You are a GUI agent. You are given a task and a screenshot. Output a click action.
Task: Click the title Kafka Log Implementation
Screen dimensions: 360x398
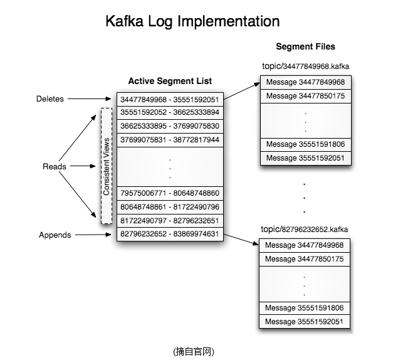pyautogui.click(x=192, y=21)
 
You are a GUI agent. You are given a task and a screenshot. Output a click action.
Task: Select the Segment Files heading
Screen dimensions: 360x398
pyautogui.click(x=305, y=46)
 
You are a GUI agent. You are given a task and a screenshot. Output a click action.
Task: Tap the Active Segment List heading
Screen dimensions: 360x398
pyautogui.click(x=170, y=81)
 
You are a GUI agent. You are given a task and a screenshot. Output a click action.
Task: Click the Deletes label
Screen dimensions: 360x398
pyautogui.click(x=50, y=99)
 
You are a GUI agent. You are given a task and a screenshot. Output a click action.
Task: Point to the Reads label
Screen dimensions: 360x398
pyautogui.click(x=54, y=167)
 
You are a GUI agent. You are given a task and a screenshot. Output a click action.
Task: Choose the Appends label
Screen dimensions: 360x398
pyautogui.click(x=55, y=235)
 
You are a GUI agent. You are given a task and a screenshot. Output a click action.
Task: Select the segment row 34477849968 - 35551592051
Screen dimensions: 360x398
pyautogui.click(x=170, y=100)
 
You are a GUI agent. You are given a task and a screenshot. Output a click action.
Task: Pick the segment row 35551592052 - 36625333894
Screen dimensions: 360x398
pyautogui.click(x=170, y=113)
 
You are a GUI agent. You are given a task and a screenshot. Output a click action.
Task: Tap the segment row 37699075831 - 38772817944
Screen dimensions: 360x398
pyautogui.click(x=170, y=139)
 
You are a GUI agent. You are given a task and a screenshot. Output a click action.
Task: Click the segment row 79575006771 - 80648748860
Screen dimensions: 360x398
pyautogui.click(x=170, y=193)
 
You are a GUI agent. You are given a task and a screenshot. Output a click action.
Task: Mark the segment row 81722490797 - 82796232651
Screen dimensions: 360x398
pyautogui.click(x=170, y=220)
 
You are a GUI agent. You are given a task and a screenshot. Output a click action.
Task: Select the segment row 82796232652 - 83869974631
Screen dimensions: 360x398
pyautogui.click(x=170, y=234)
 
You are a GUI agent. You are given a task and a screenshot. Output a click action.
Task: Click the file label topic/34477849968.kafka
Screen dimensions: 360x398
pyautogui.click(x=305, y=66)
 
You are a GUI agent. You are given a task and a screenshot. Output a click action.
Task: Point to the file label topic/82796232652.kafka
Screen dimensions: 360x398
pyautogui.click(x=305, y=229)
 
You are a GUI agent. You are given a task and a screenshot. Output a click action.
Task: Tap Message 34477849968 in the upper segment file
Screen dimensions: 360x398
pyautogui.click(x=305, y=82)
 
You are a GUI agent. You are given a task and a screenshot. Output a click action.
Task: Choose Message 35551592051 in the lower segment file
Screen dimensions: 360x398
pyautogui.click(x=305, y=322)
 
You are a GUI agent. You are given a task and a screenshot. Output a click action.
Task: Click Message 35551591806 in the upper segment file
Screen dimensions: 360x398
pyautogui.click(x=305, y=144)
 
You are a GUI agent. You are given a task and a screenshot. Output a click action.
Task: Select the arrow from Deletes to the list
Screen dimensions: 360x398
pyautogui.click(x=91, y=99)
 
